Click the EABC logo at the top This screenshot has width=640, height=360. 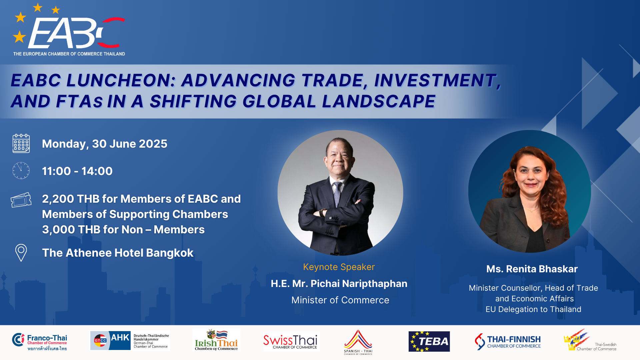[69, 30]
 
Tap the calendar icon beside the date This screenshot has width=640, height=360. [21, 144]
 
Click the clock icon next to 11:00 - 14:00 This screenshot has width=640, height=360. [21, 171]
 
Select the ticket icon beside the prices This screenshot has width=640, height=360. [21, 200]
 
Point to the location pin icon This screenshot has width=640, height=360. [21, 253]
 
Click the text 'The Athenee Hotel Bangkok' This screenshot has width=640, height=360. [118, 253]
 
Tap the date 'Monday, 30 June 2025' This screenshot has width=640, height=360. [105, 144]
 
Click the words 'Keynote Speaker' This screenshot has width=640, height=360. [339, 267]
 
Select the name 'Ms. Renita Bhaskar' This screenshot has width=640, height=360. [532, 269]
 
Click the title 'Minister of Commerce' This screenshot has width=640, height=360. [340, 300]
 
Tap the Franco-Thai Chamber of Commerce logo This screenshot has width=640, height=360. [40, 342]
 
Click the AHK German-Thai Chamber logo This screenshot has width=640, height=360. [130, 341]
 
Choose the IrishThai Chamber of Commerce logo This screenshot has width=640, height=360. [216, 340]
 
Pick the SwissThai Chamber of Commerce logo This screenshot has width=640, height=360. [290, 342]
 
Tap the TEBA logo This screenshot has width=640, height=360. [429, 342]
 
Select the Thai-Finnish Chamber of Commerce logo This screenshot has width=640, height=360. [508, 342]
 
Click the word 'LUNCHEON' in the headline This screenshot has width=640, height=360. [121, 80]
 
